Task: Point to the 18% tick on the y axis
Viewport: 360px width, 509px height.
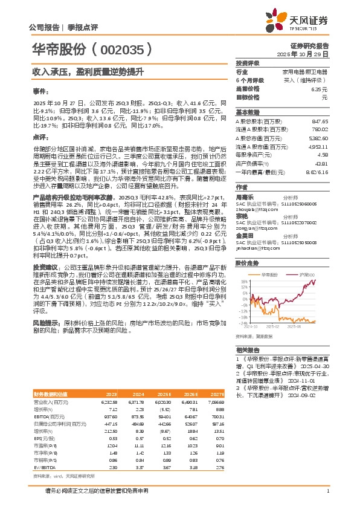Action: (x=242, y=282)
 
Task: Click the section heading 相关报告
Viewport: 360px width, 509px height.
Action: (x=247, y=350)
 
